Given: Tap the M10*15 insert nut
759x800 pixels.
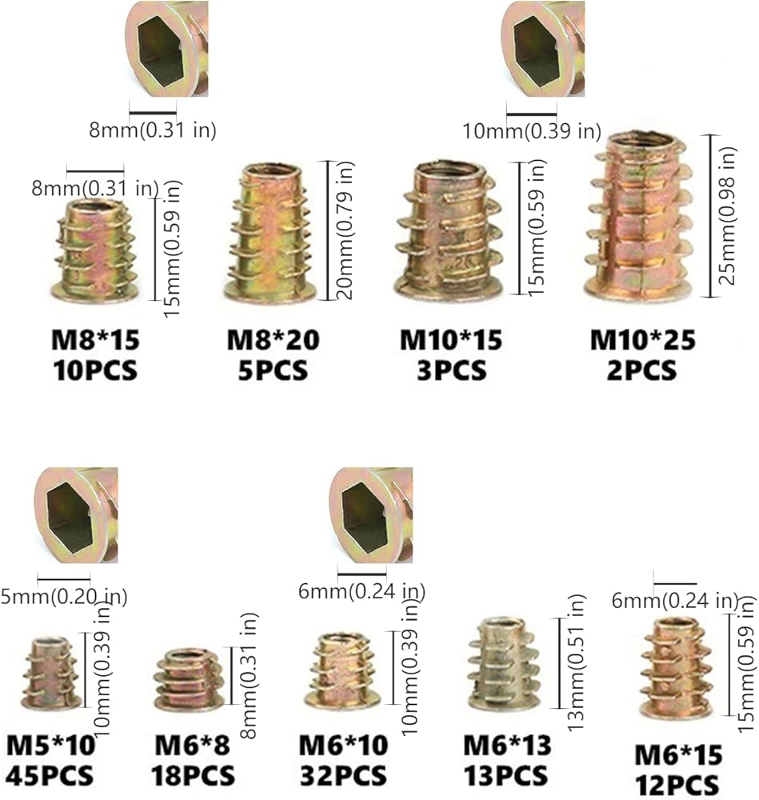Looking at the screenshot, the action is tap(450, 230).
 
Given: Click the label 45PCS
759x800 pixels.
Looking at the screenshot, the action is tap(50, 775).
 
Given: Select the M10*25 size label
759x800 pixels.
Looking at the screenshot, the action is tap(642, 341).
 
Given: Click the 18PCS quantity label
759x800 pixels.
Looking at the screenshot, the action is tap(193, 775).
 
